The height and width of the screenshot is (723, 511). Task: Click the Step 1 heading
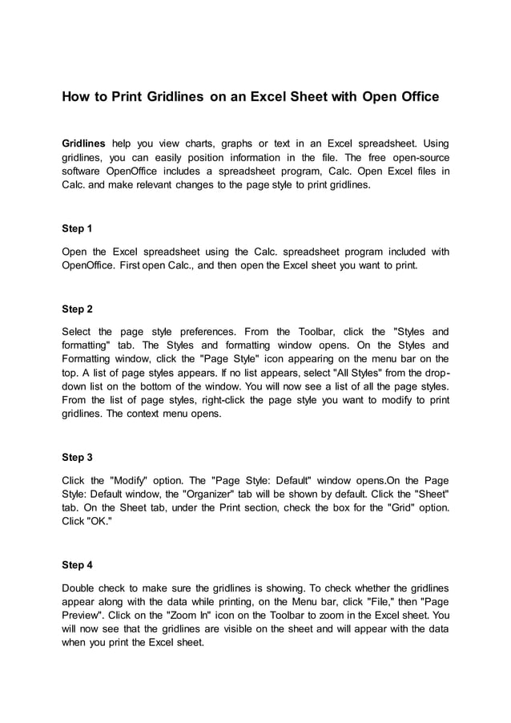(77, 228)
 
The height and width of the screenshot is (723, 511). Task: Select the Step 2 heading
(77, 309)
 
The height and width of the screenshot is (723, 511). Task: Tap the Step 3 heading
(77, 458)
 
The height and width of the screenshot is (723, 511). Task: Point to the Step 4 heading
(77, 565)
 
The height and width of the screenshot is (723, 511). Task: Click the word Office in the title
(418, 97)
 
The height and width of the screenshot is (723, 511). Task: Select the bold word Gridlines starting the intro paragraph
(83, 143)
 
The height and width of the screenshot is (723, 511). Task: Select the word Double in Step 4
(81, 587)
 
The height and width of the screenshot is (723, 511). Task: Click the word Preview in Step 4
(84, 616)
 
